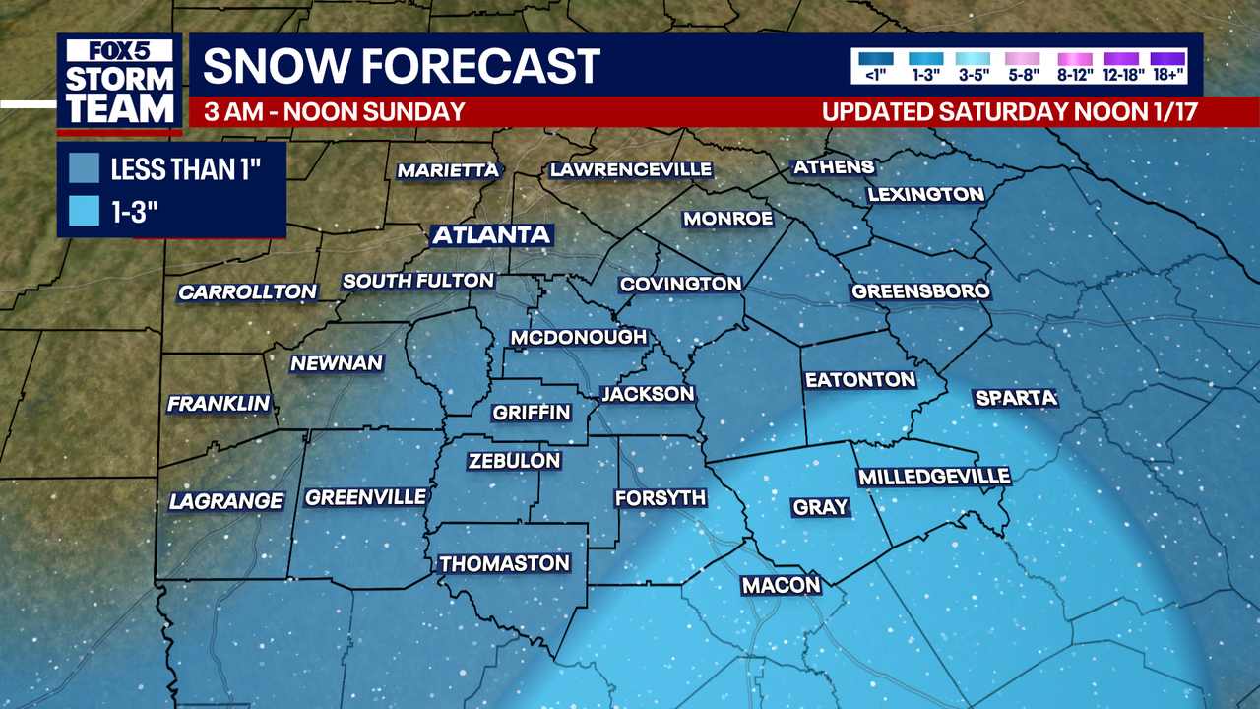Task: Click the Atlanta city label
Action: pyautogui.click(x=491, y=235)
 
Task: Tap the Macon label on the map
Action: pyautogui.click(x=781, y=585)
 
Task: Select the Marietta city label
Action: pyautogui.click(x=448, y=170)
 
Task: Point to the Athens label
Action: pyautogui.click(x=834, y=166)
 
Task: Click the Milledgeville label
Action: pyautogui.click(x=934, y=477)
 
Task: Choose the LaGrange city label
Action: pyautogui.click(x=226, y=501)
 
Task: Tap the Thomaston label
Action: pyautogui.click(x=504, y=563)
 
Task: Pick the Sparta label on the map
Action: pyautogui.click(x=1015, y=398)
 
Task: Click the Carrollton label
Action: pyautogui.click(x=248, y=292)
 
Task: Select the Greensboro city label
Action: pyautogui.click(x=920, y=291)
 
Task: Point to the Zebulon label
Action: pyautogui.click(x=514, y=460)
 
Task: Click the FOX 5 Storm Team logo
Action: pyautogui.click(x=119, y=84)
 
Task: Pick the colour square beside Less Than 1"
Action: pyautogui.click(x=85, y=168)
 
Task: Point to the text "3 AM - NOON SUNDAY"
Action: pyautogui.click(x=334, y=111)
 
